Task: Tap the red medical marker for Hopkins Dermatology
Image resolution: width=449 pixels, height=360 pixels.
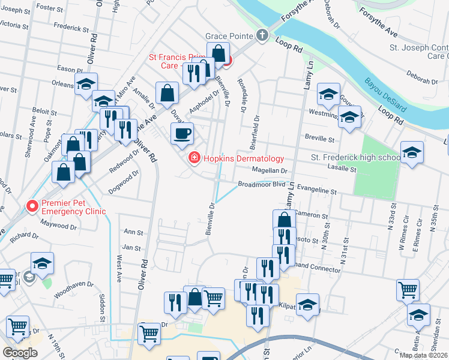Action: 194,158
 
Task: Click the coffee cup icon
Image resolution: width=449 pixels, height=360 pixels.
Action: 182,133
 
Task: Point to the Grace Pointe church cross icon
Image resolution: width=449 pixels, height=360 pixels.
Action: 262,35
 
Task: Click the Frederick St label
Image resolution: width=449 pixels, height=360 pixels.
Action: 71,28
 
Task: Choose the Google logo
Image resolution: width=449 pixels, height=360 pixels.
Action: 20,353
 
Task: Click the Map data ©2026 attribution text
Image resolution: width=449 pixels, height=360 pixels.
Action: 423,355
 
